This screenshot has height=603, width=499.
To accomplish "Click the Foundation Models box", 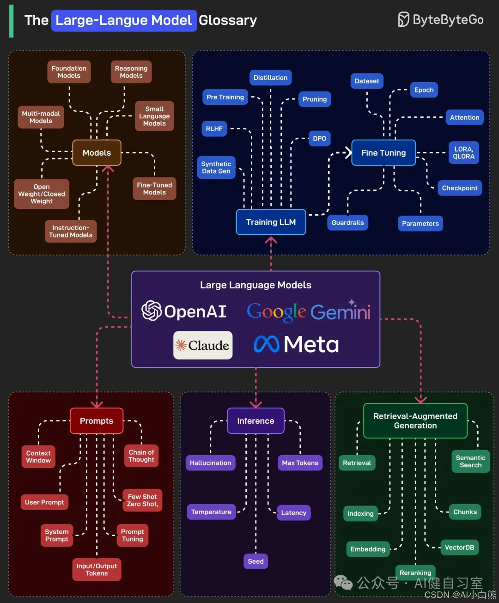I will (x=69, y=72).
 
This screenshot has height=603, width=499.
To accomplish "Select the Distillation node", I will (x=270, y=78).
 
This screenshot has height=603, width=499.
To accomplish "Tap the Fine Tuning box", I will (x=383, y=153).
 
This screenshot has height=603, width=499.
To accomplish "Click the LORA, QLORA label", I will (x=463, y=153).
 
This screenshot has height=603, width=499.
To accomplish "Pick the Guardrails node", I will (x=347, y=223).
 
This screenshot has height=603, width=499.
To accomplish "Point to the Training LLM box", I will (x=271, y=222).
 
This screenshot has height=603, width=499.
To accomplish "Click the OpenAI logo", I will (x=184, y=311).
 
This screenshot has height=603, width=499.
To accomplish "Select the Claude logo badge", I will (x=203, y=345).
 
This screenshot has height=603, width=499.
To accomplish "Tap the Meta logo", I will (x=296, y=344).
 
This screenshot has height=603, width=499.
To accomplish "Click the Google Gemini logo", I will (x=309, y=311).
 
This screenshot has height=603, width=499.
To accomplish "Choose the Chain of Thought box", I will (x=141, y=456).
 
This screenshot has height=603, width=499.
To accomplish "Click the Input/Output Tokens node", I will (x=97, y=570).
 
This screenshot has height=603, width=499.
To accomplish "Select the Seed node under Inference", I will (x=256, y=561).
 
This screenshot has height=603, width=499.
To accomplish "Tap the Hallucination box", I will (x=210, y=463).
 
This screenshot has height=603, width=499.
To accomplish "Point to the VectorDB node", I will (x=459, y=548).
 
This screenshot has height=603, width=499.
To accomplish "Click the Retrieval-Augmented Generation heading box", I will (x=415, y=421).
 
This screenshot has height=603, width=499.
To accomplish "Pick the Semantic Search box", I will (x=470, y=462).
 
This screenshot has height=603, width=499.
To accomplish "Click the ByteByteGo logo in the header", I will (x=440, y=20).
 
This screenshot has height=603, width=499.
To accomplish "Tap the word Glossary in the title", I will (x=228, y=20).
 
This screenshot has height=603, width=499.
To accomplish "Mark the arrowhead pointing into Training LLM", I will (x=271, y=240).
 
